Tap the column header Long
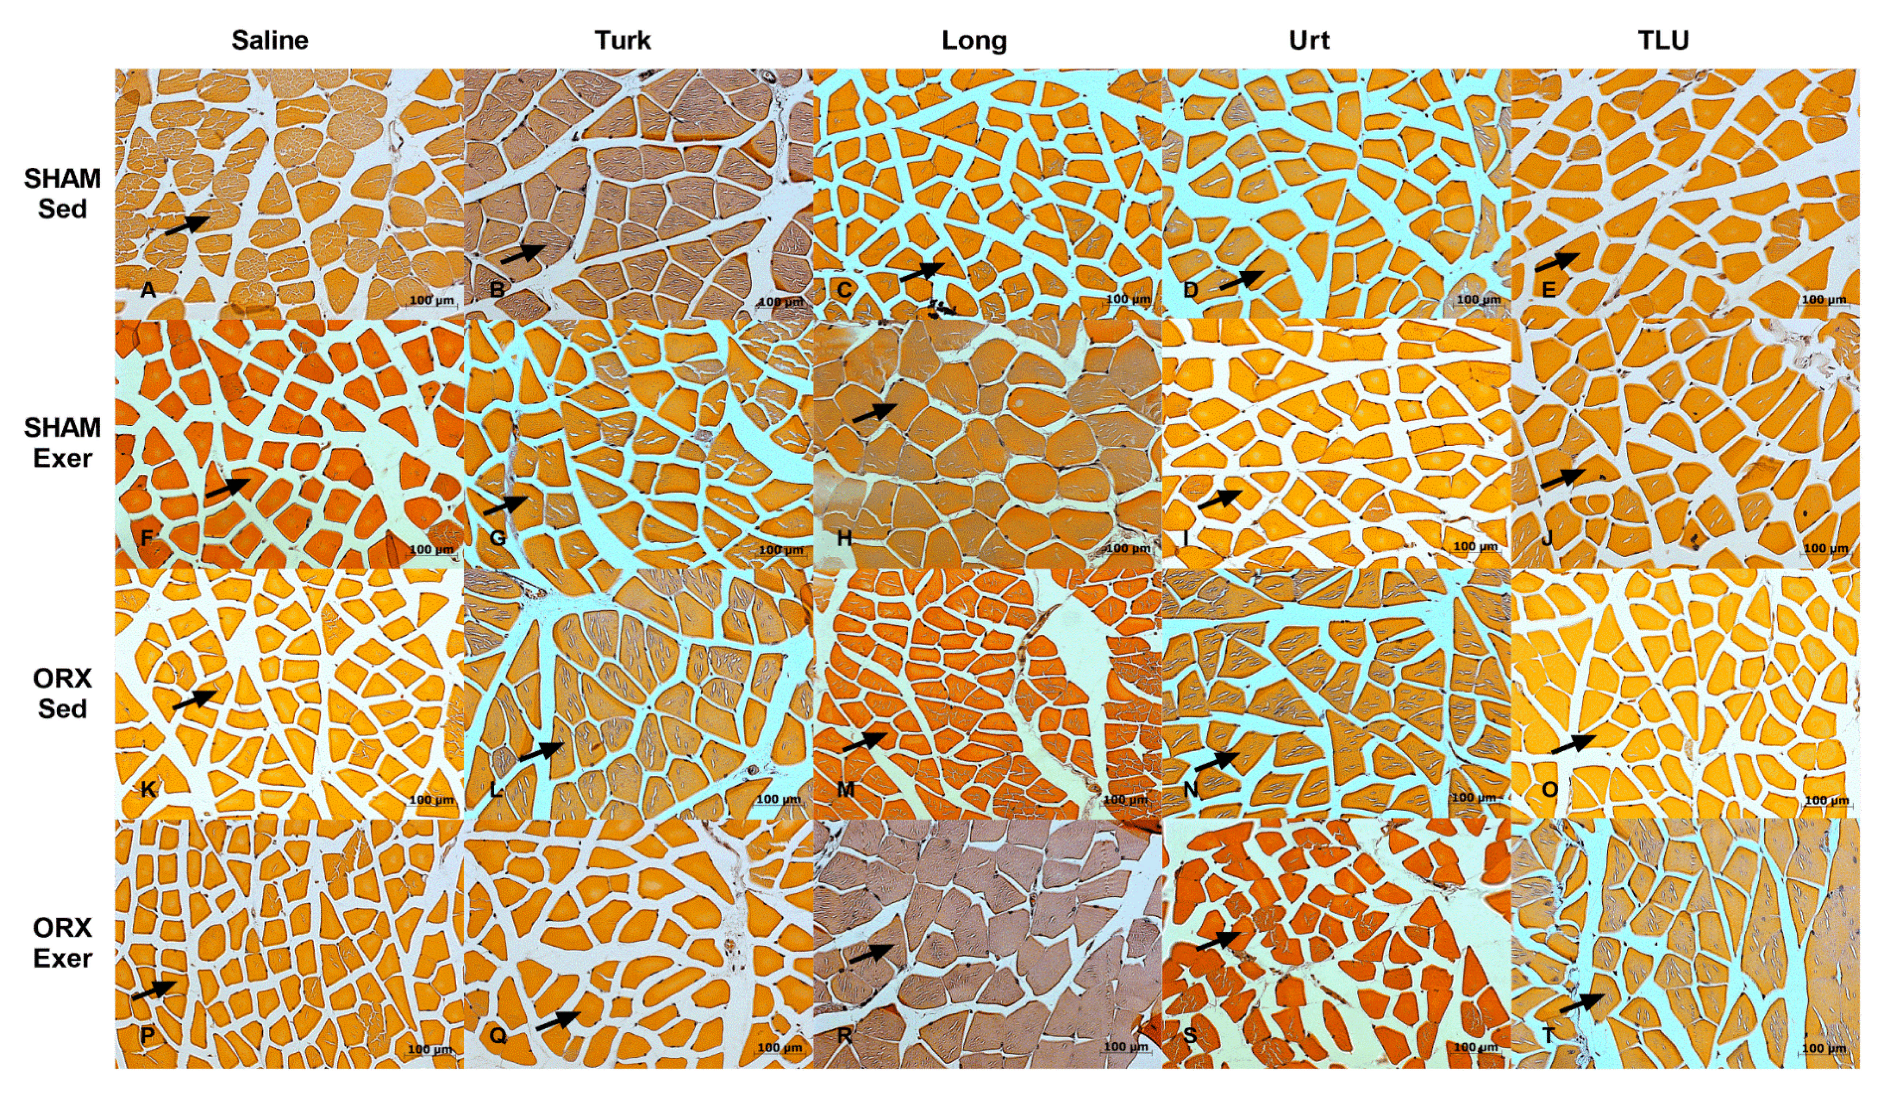click(974, 41)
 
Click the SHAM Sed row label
click(62, 194)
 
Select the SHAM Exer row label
click(62, 443)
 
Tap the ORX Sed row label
click(62, 693)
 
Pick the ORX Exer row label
click(62, 943)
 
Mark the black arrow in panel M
click(864, 741)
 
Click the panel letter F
click(147, 538)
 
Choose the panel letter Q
click(498, 1036)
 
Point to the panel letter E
click(1548, 289)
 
